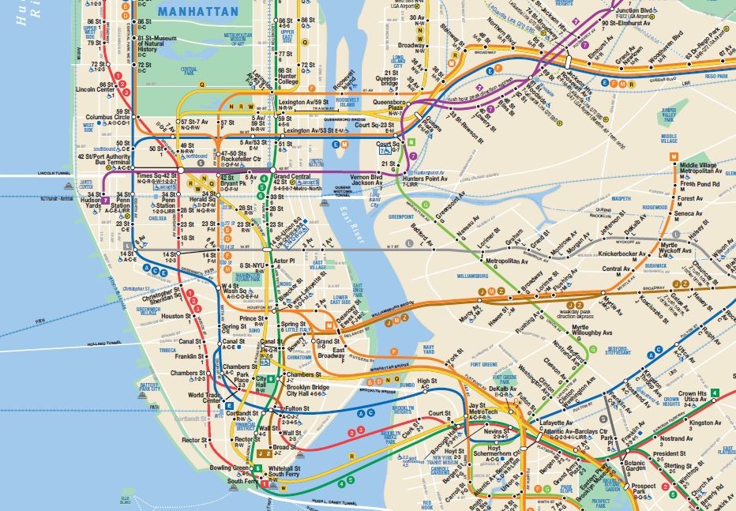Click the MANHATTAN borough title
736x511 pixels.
pyautogui.click(x=197, y=11)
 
